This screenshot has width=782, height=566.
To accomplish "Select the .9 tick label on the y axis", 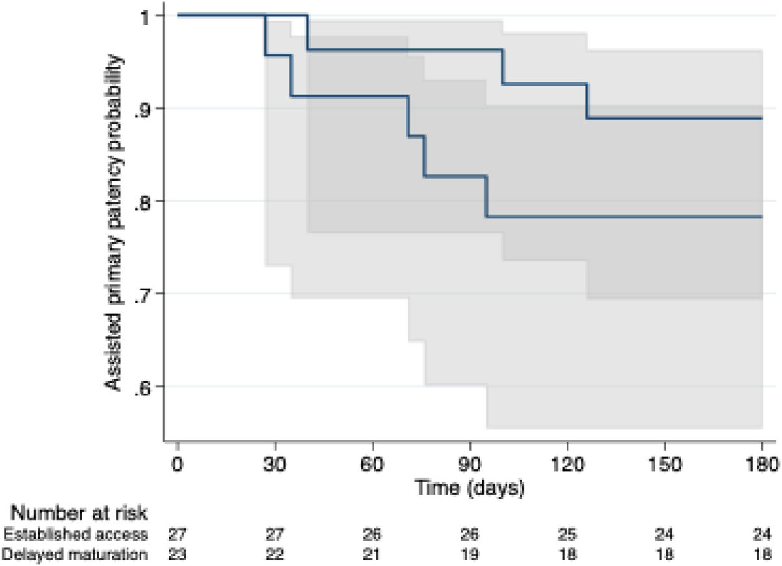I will click(x=144, y=108).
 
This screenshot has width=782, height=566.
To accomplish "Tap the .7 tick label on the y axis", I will click(x=144, y=294).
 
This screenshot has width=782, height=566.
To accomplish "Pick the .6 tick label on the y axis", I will click(x=144, y=386).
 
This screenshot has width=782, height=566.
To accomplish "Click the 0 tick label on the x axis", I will click(x=177, y=466).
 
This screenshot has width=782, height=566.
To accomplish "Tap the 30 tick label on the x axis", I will click(x=275, y=466).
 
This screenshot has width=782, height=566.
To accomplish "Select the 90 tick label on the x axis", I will click(x=470, y=466).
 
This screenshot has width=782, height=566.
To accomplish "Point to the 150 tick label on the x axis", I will click(x=665, y=466).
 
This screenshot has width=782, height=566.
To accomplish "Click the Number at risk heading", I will click(x=82, y=513).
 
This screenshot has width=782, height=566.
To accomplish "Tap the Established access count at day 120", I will click(x=567, y=535).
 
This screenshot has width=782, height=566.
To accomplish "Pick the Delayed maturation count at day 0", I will click(x=177, y=554).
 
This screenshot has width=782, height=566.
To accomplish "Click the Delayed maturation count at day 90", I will click(x=470, y=554).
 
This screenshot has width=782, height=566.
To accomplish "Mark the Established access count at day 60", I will click(x=373, y=535).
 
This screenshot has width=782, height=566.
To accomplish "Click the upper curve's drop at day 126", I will click(x=587, y=101).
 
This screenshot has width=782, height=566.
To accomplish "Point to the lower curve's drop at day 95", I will click(x=487, y=196).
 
